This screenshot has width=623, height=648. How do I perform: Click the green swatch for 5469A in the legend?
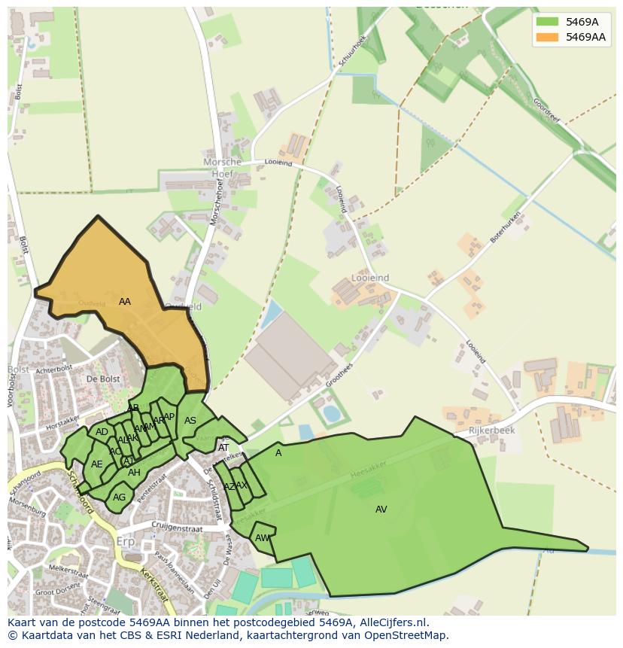[x=547, y=22]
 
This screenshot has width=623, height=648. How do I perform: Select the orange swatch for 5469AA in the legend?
[x=547, y=37]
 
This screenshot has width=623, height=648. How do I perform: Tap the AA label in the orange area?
[x=125, y=302]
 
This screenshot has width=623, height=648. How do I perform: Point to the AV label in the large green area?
[x=381, y=510]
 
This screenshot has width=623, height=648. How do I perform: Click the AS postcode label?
[x=190, y=421]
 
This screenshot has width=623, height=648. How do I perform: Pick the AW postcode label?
[x=262, y=538]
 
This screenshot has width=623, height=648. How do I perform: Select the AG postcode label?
[x=119, y=497]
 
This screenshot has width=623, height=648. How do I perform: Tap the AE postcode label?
[x=96, y=464]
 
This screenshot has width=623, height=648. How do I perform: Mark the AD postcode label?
[x=102, y=432]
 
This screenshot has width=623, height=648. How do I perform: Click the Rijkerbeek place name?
[x=491, y=430]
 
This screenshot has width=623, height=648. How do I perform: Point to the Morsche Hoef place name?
[x=223, y=168]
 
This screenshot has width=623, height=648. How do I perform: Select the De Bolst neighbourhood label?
[x=103, y=379]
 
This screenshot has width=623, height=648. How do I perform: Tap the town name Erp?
[x=125, y=542]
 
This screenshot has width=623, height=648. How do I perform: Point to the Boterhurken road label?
[x=506, y=227]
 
